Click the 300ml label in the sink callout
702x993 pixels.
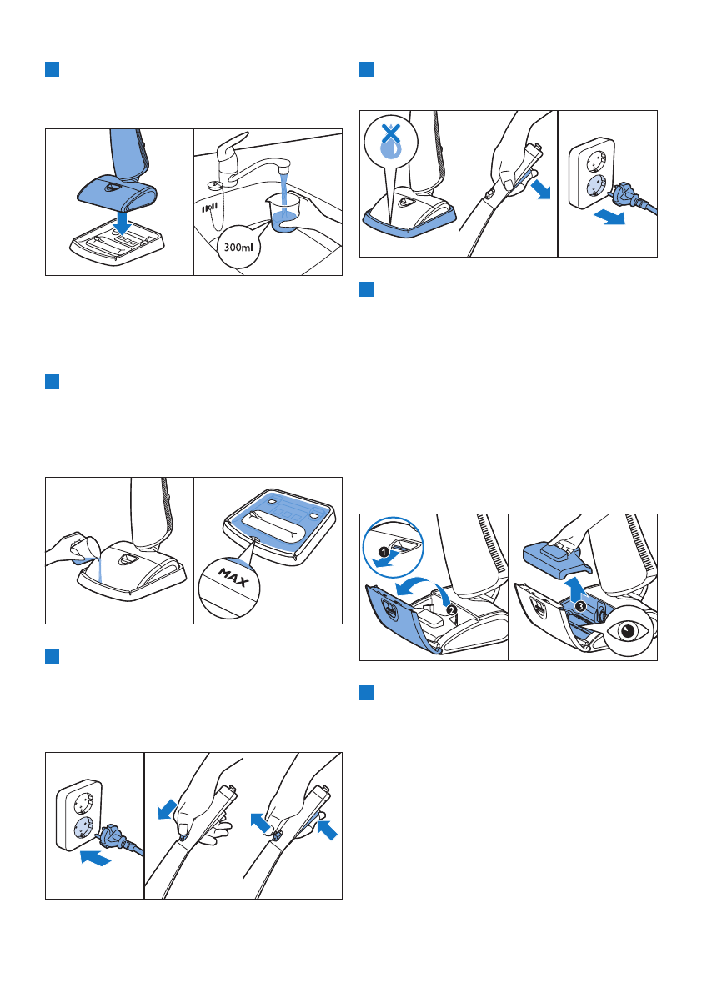(x=238, y=246)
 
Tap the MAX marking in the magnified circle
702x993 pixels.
(x=233, y=578)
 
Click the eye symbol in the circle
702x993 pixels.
(x=627, y=632)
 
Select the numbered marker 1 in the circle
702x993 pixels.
(x=384, y=552)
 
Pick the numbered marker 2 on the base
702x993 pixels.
(x=451, y=609)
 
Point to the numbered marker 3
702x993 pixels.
(x=580, y=605)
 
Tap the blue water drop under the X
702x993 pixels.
(x=391, y=148)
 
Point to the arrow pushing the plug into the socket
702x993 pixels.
(x=96, y=858)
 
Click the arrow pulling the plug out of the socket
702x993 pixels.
(x=609, y=218)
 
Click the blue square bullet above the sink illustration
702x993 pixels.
(x=52, y=69)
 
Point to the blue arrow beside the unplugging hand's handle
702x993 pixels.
(x=540, y=188)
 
